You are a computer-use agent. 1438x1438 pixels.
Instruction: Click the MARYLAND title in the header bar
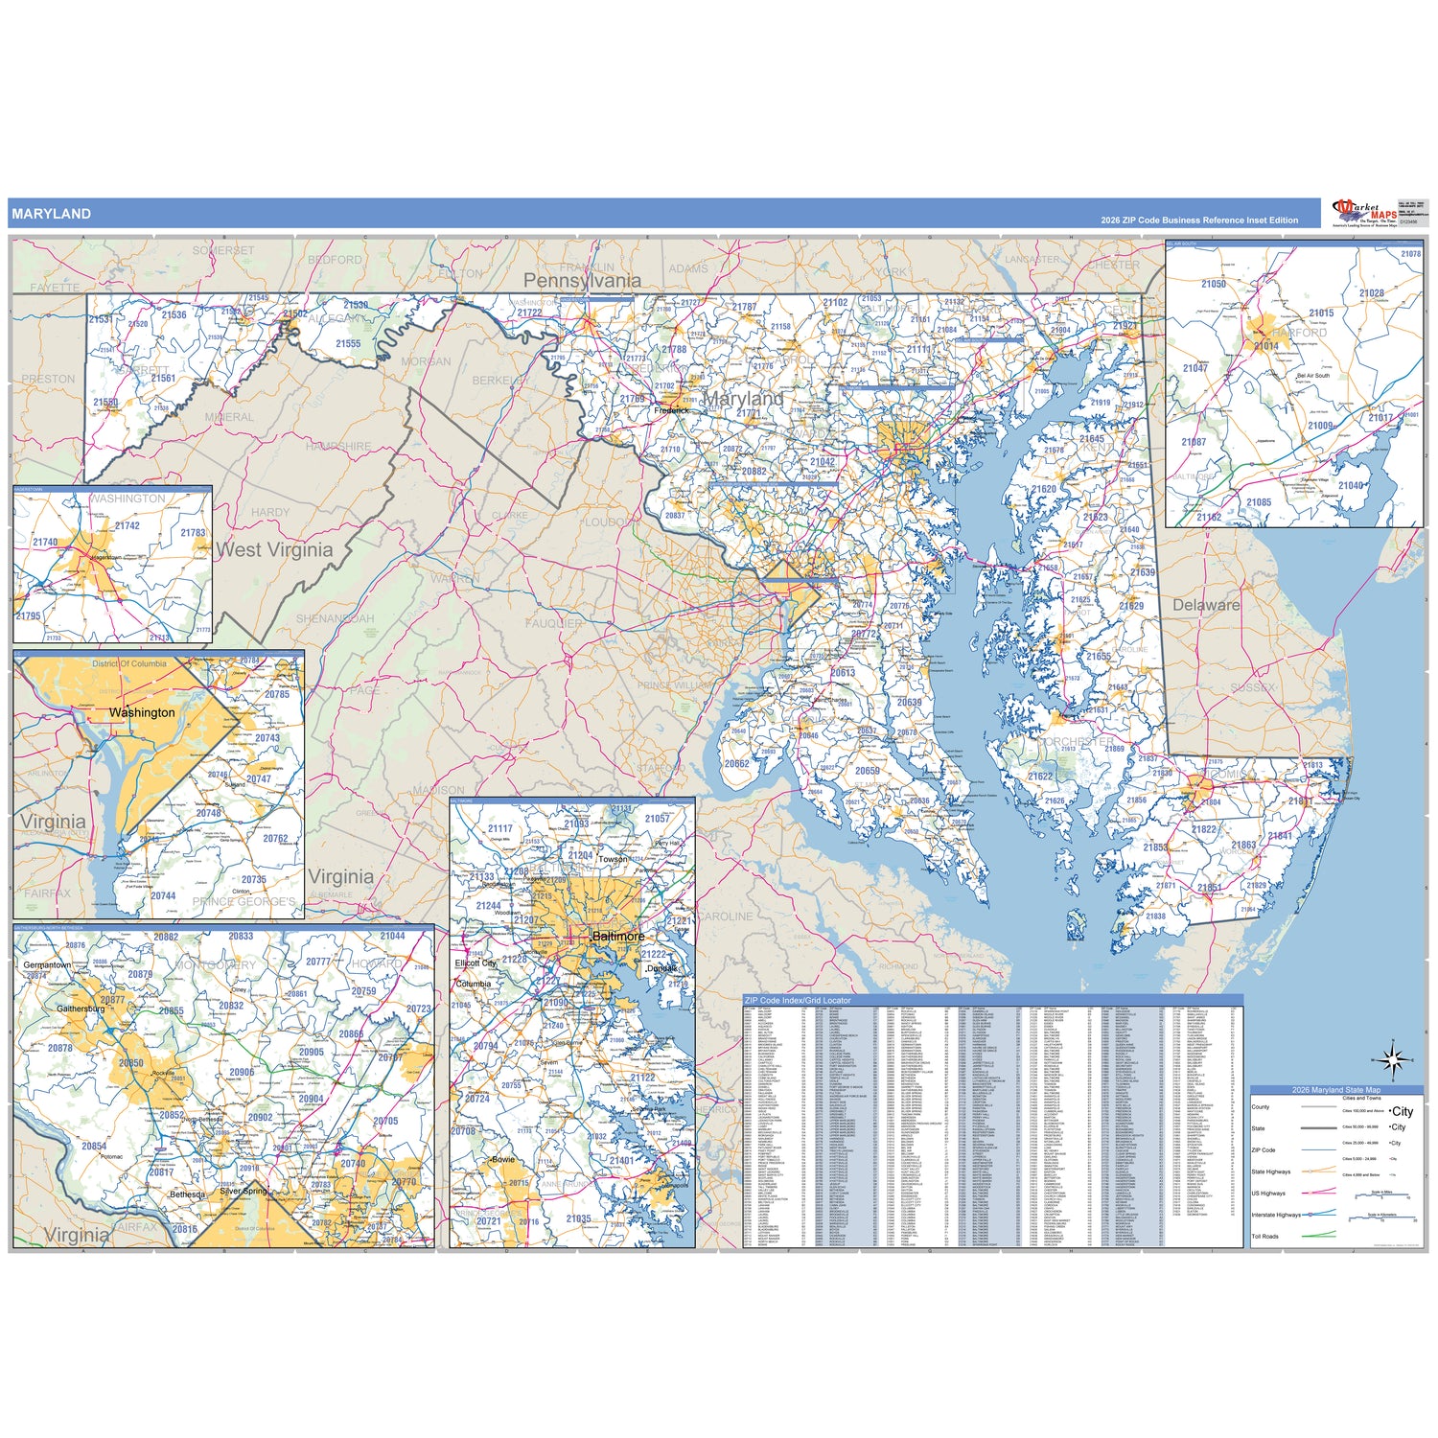click(x=52, y=214)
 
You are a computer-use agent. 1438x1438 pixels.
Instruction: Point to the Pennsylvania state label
click(x=582, y=281)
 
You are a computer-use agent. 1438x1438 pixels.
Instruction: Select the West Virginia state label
click(x=275, y=550)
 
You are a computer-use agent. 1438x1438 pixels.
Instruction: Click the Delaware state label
click(x=1206, y=605)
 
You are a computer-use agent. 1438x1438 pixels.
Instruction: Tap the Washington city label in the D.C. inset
click(x=142, y=712)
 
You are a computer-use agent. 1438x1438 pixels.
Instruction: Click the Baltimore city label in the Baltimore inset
click(x=618, y=936)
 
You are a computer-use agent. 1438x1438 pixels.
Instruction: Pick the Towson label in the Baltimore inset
click(x=613, y=859)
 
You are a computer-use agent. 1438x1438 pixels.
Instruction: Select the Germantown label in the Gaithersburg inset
click(x=47, y=964)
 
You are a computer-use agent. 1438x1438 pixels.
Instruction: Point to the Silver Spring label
click(x=244, y=1192)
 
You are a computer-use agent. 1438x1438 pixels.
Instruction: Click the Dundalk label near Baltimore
click(x=661, y=968)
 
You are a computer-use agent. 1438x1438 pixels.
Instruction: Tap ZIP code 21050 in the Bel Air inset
click(x=1214, y=284)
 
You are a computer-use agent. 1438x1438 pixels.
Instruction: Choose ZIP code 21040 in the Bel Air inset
click(x=1351, y=485)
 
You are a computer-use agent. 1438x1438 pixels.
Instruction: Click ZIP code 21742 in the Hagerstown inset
click(x=127, y=525)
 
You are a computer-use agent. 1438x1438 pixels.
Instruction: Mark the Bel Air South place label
click(x=1312, y=376)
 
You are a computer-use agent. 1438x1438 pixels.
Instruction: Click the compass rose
click(x=1393, y=1060)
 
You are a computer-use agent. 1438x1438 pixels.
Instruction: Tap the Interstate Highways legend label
click(x=1276, y=1215)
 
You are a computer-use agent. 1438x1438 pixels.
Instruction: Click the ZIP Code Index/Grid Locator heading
click(x=798, y=1000)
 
